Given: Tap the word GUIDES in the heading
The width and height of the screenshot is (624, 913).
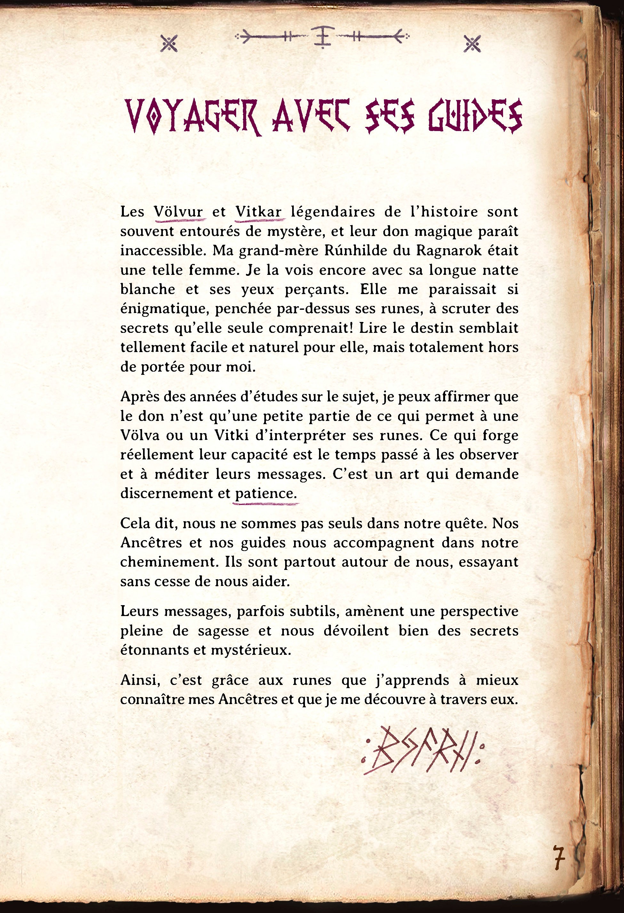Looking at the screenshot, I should coord(475,117).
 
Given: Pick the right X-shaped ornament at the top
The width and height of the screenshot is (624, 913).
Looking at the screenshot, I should coord(472,43).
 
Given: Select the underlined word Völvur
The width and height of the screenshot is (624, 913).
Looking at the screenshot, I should coord(179,212).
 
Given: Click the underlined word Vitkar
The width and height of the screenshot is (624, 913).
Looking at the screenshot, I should coord(259,212).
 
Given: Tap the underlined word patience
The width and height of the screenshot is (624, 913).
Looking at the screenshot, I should coord(265,493).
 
